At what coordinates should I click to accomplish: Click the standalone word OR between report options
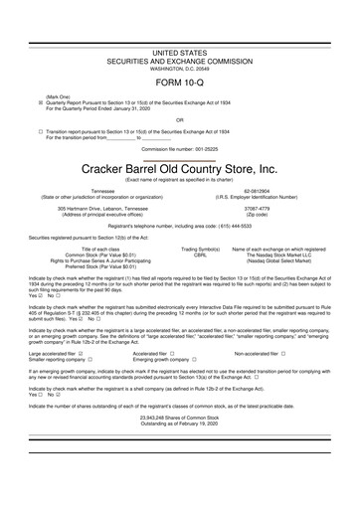[x=179, y=118]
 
